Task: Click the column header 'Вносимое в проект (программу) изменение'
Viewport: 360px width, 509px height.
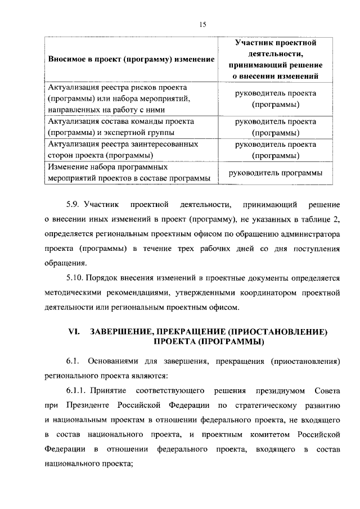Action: point(131,59)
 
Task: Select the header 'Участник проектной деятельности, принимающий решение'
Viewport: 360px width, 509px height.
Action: point(275,59)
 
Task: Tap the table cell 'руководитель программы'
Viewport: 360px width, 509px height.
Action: point(275,173)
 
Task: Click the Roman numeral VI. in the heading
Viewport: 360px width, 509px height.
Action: point(75,332)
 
